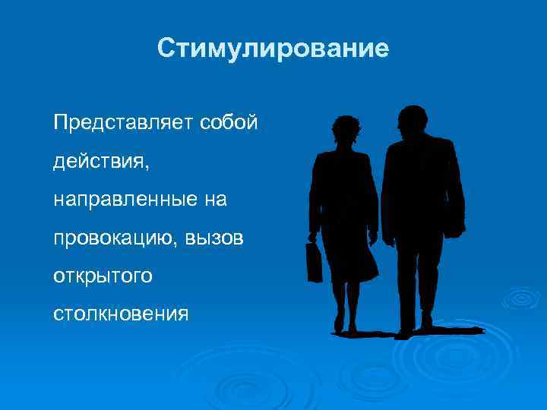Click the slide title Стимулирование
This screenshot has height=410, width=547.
[x=273, y=49]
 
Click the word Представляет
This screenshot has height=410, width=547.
[x=123, y=122]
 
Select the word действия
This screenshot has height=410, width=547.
[x=96, y=161]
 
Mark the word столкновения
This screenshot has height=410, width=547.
[x=120, y=314]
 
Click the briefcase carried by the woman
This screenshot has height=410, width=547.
[x=315, y=261]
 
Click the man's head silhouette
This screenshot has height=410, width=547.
[x=413, y=123]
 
